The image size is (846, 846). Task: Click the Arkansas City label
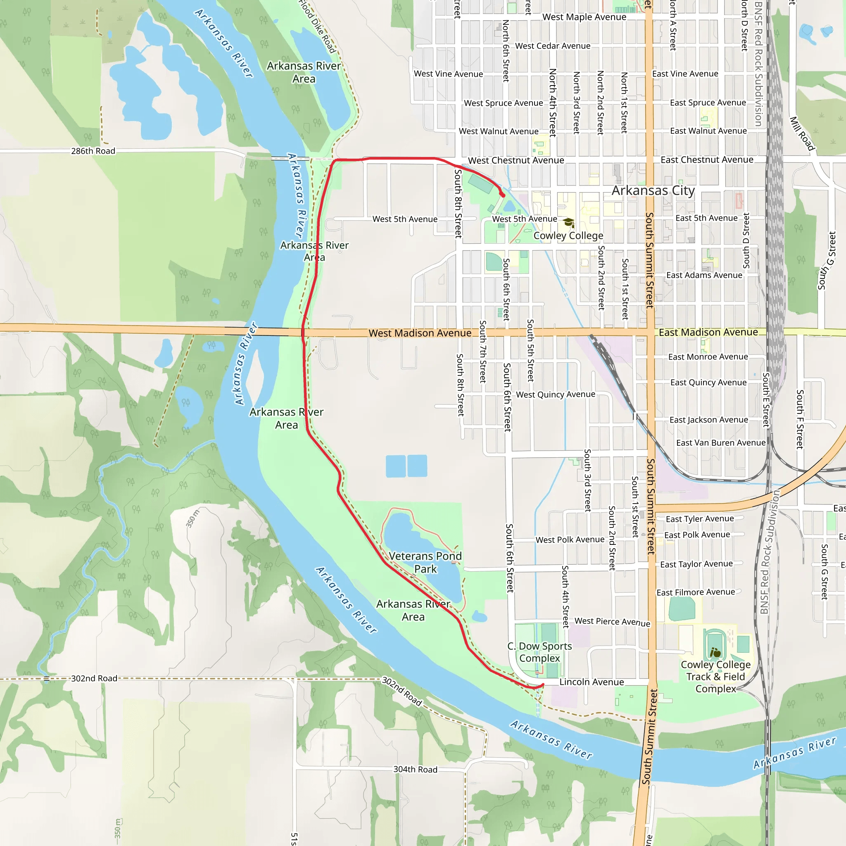click(653, 190)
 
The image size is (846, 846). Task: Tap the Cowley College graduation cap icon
click(568, 223)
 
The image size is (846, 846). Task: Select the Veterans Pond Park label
click(425, 562)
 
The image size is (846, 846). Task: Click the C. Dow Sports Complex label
click(539, 652)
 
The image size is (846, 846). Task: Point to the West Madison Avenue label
click(420, 333)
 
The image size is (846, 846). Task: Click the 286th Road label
click(93, 151)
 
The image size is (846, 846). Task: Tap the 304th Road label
click(415, 769)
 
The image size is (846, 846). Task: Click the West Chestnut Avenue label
click(516, 161)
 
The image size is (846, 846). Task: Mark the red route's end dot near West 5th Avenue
click(503, 195)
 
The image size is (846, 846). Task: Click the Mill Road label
click(802, 133)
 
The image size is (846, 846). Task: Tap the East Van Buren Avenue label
click(721, 443)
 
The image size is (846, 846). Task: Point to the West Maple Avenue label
click(584, 17)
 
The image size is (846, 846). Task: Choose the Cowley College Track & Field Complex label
click(715, 677)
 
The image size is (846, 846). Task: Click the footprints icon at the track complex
click(715, 652)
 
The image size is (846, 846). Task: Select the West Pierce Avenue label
click(612, 622)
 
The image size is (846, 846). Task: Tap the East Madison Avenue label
click(708, 333)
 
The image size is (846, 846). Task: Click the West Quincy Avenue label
click(555, 394)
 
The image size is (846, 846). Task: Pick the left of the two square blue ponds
click(395, 466)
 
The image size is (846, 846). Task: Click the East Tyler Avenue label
click(700, 519)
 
